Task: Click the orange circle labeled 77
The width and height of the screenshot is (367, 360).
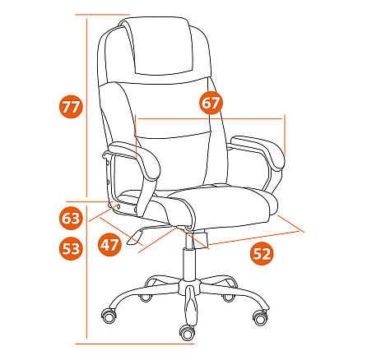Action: tap(71, 107)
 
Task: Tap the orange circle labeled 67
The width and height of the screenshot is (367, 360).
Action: tap(211, 103)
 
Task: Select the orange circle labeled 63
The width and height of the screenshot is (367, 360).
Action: tap(71, 219)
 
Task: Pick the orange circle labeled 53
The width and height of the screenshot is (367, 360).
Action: tap(71, 248)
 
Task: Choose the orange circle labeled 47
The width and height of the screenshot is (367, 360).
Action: tap(109, 244)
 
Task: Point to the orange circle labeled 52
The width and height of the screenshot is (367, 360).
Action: tap(262, 253)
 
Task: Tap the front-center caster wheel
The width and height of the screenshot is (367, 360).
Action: tap(188, 333)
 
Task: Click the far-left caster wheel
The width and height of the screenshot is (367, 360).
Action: tap(109, 316)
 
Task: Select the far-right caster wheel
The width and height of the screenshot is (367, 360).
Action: tap(260, 317)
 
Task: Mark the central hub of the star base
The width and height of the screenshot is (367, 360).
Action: tap(189, 288)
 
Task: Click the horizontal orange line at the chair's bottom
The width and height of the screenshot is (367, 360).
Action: tap(135, 344)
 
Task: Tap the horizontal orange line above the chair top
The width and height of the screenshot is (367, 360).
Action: tap(102, 14)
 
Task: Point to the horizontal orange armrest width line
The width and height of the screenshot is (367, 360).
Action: tap(211, 119)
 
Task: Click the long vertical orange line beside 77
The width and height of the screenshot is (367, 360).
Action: tap(87, 108)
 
